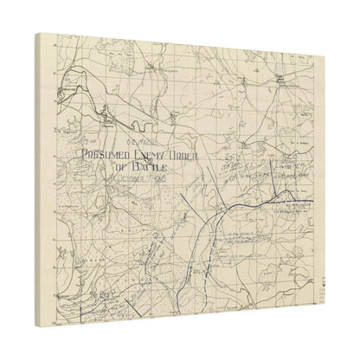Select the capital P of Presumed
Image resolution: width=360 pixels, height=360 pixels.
point(86,155)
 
